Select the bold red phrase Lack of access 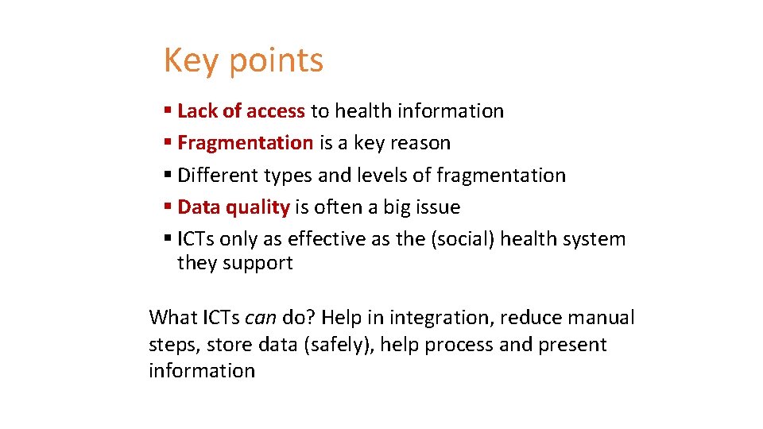(241, 111)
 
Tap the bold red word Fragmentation (245, 143)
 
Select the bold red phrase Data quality (233, 207)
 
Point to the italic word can (260, 319)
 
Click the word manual (600, 319)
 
